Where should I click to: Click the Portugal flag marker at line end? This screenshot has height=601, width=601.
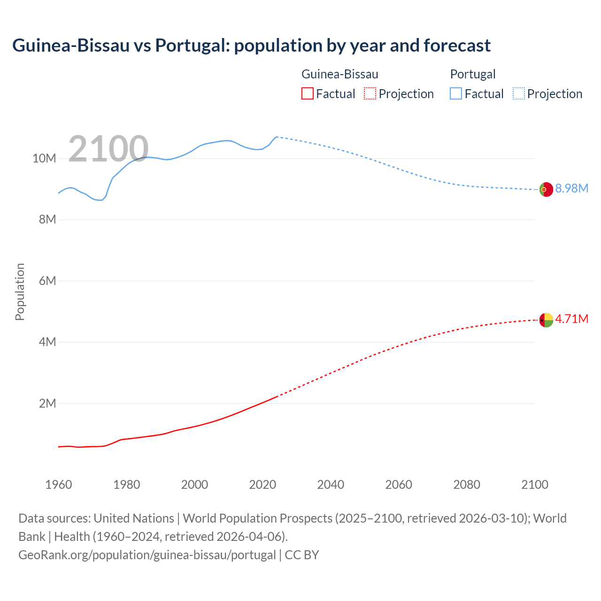(546, 189)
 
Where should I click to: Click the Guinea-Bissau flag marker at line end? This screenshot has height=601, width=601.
(546, 320)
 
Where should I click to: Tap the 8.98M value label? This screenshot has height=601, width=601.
(571, 188)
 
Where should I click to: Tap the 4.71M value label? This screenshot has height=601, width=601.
(571, 319)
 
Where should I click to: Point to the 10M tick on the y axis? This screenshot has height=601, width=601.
(44, 158)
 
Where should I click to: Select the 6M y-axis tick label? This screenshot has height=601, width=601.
(47, 281)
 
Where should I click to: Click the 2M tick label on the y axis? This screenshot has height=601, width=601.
(47, 403)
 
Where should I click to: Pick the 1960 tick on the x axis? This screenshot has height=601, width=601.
(59, 485)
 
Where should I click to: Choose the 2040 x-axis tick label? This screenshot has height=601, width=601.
(331, 485)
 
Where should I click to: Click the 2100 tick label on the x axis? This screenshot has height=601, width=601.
(534, 485)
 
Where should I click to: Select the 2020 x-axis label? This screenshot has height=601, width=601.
(262, 485)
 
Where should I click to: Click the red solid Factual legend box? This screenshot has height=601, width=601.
(307, 93)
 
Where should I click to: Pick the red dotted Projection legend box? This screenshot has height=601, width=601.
(370, 93)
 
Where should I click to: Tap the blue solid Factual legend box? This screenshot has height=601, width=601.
(455, 93)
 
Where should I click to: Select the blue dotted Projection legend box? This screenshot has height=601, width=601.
(518, 93)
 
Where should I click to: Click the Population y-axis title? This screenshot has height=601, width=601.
(20, 292)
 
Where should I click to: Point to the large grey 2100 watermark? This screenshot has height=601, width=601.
(108, 149)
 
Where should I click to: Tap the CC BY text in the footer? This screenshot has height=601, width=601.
(302, 555)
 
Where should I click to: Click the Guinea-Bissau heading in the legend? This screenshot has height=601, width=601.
(339, 74)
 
